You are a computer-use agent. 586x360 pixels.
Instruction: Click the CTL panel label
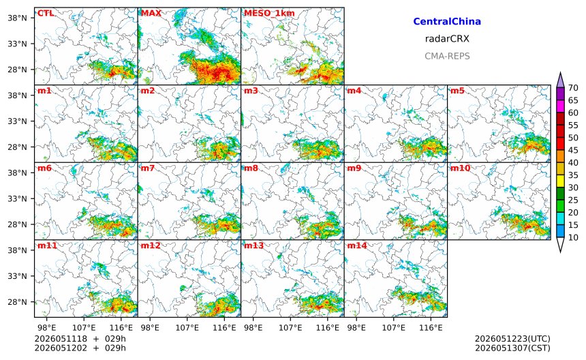45,14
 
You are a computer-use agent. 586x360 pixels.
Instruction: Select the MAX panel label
151,14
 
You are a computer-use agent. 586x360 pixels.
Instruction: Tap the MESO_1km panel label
269,14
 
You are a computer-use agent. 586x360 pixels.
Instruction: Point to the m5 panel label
457,91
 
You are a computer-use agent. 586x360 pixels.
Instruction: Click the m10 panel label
460,168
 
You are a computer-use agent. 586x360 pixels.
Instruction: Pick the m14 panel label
357,245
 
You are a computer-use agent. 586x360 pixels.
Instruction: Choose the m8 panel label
251,168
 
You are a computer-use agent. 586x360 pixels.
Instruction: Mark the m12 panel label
150,245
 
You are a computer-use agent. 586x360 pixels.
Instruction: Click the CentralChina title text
447,22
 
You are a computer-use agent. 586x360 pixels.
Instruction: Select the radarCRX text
447,39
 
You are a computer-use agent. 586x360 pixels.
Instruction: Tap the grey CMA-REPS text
447,56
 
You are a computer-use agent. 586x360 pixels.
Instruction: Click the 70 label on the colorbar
573,88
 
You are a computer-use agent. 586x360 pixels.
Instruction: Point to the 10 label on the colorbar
573,237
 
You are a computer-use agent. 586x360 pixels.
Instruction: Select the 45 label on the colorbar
573,150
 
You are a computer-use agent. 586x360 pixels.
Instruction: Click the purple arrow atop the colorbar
560,80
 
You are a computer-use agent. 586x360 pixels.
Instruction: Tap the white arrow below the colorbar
560,245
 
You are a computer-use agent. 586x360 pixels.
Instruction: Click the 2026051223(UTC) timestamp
512,339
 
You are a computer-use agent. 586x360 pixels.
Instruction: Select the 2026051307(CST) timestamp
512,348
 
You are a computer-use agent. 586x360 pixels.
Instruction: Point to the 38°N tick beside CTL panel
17,18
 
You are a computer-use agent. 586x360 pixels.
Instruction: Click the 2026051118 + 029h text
80,339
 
